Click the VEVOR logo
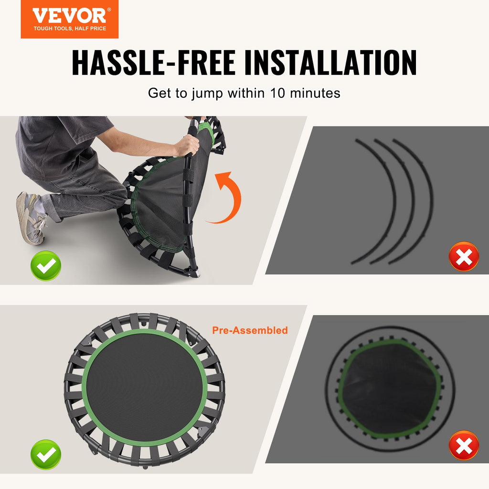70,19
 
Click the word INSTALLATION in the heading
330,63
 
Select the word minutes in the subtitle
315,93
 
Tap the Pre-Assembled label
250,330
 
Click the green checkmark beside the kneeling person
46,266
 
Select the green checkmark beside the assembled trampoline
46,455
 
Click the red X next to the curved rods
464,256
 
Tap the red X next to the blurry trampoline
464,446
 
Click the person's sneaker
30,218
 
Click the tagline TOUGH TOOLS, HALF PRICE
70,28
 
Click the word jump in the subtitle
207,94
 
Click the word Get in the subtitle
159,93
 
